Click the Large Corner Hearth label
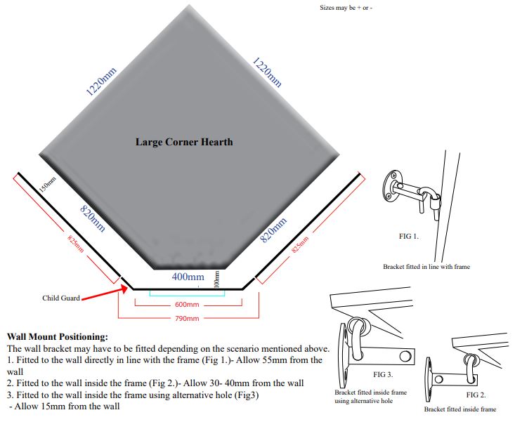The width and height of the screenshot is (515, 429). click(184, 142)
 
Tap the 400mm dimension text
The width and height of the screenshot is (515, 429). click(188, 277)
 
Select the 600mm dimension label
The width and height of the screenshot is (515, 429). click(188, 305)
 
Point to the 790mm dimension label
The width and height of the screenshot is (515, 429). click(187, 319)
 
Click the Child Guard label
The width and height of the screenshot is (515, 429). click(61, 298)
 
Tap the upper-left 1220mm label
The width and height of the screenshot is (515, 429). click(100, 81)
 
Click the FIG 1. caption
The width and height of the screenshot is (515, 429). click(408, 236)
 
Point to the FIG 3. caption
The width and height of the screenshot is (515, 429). click(383, 376)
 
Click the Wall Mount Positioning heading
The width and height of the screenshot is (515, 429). click(57, 337)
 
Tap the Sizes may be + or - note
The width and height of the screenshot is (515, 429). click(346, 8)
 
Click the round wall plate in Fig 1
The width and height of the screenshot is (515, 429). click(389, 187)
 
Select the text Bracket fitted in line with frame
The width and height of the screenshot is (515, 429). click(426, 267)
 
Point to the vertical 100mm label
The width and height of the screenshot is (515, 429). click(217, 279)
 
